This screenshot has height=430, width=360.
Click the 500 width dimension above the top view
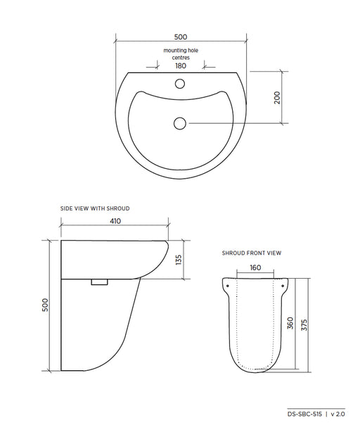click(x=181, y=37)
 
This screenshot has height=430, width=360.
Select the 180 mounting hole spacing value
click(x=181, y=66)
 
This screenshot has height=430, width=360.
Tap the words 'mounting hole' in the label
click(x=181, y=51)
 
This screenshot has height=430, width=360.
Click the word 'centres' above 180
click(x=181, y=58)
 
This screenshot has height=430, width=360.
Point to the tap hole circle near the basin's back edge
click(x=180, y=83)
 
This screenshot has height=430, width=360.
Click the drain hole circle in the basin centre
click(x=180, y=123)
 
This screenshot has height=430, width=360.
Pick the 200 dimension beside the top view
click(x=277, y=97)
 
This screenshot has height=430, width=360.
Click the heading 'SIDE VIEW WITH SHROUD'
click(x=95, y=208)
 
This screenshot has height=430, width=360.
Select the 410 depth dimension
click(x=115, y=221)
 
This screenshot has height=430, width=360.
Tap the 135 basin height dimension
click(x=179, y=260)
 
